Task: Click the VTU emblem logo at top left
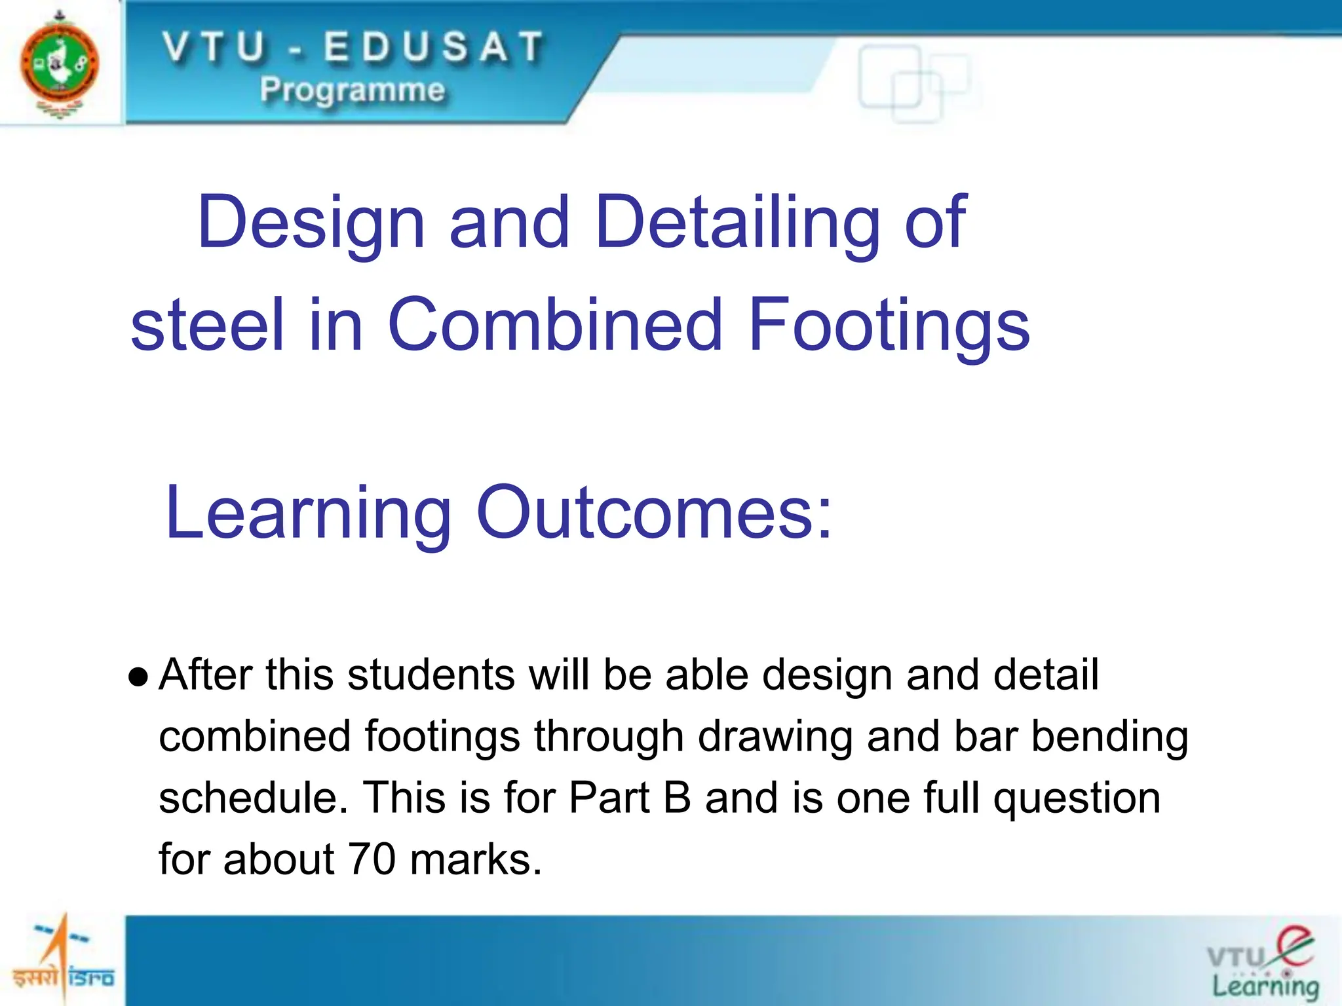(x=59, y=64)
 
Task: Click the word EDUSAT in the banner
(x=433, y=48)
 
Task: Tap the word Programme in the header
(x=352, y=90)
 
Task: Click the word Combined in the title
(x=555, y=325)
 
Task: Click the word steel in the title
(x=207, y=325)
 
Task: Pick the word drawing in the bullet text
(x=775, y=736)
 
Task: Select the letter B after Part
(x=677, y=798)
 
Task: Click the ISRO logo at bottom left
(x=63, y=960)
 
